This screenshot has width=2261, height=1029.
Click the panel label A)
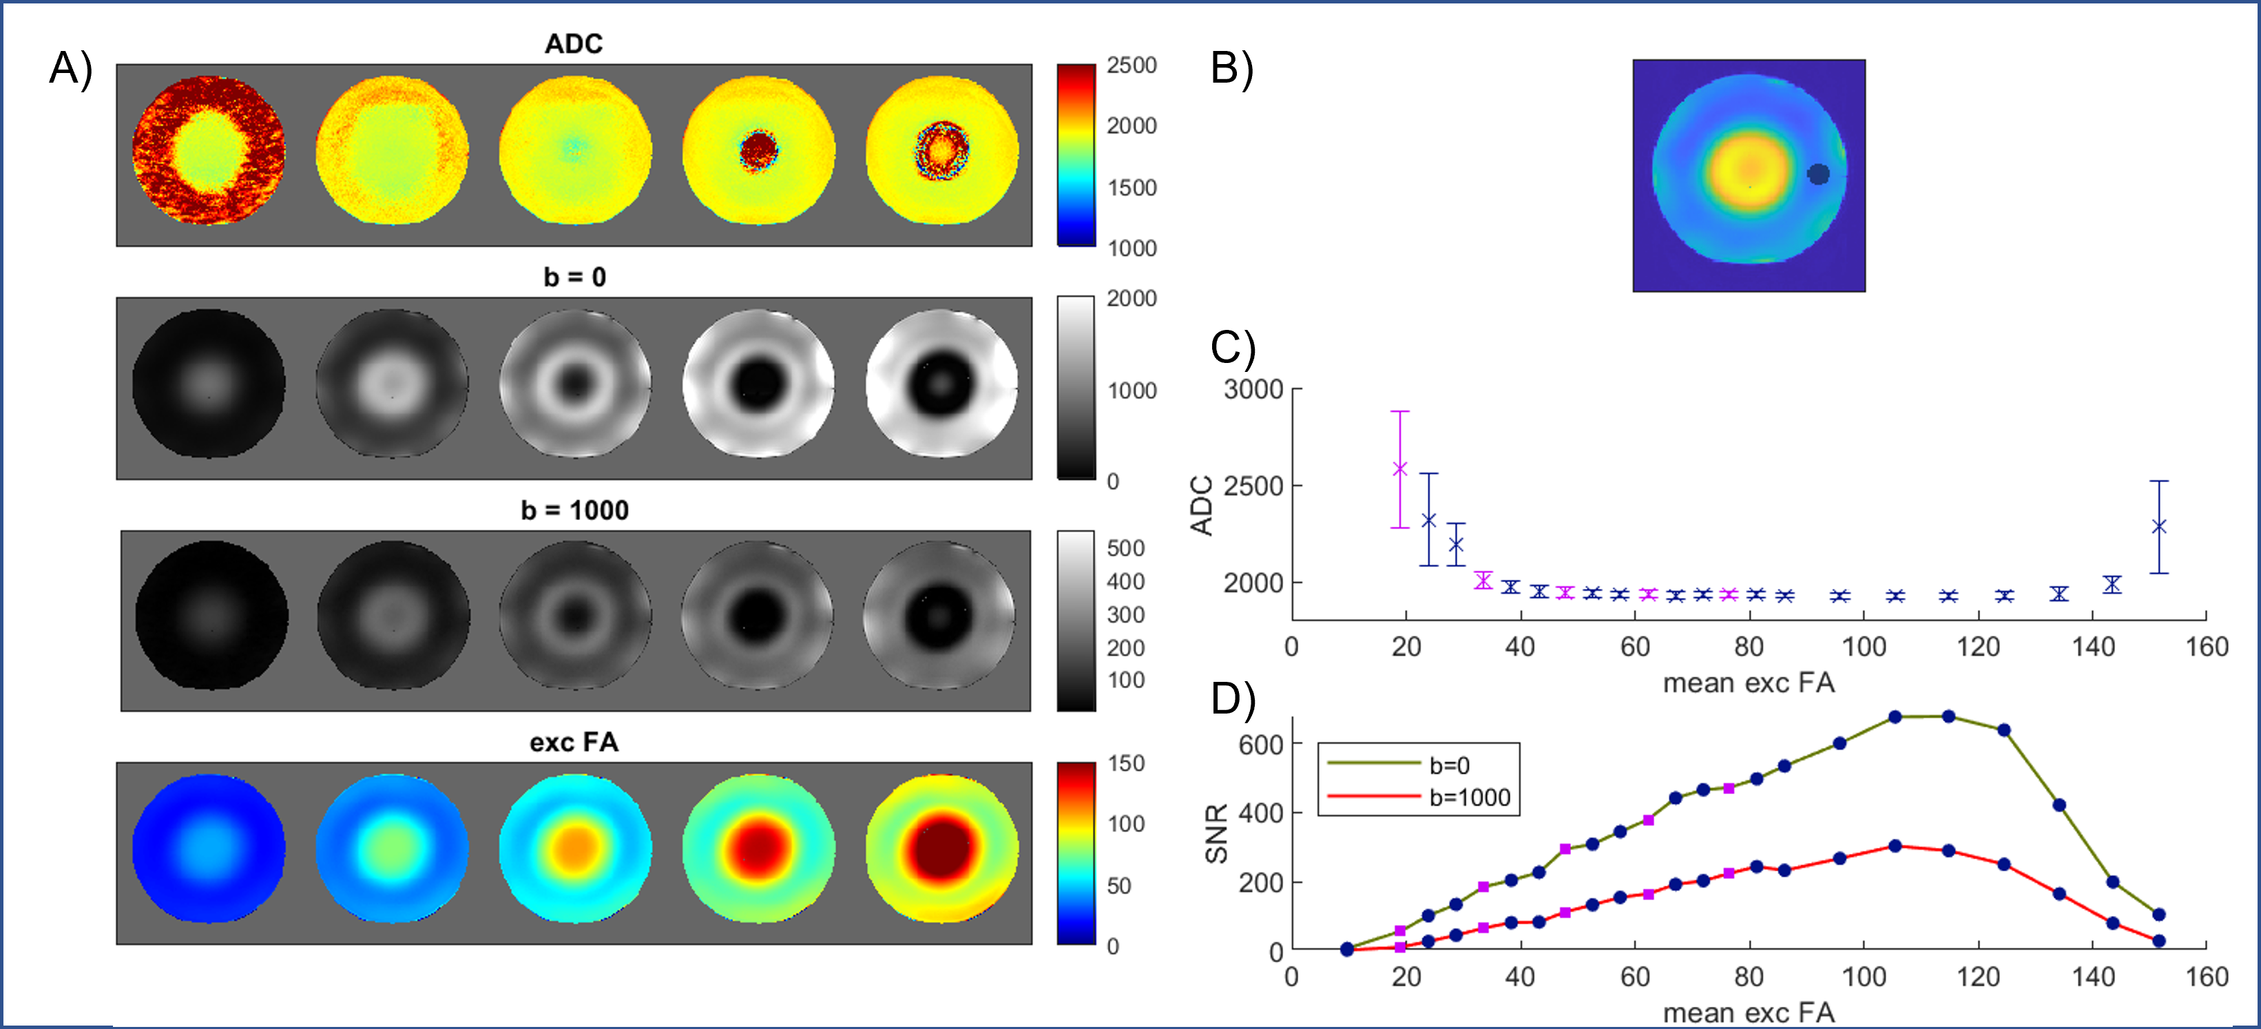click(x=70, y=68)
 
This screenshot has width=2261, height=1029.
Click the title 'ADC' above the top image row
click(x=573, y=44)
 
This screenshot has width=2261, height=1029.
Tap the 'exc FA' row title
click(x=574, y=742)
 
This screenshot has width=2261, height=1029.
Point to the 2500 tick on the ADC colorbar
click(x=1132, y=66)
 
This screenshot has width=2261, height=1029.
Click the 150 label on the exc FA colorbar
click(x=1125, y=763)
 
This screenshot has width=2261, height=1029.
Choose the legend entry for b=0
click(x=1449, y=766)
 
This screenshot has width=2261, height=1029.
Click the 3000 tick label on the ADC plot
click(x=1253, y=389)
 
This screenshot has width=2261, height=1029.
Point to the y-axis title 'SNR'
click(x=1216, y=833)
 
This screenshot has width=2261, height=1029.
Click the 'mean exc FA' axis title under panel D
click(x=1749, y=1012)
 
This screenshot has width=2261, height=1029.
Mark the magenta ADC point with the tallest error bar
click(x=1400, y=469)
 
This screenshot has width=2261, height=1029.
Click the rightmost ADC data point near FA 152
click(x=2159, y=527)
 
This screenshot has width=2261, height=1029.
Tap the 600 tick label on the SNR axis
click(x=1260, y=745)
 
